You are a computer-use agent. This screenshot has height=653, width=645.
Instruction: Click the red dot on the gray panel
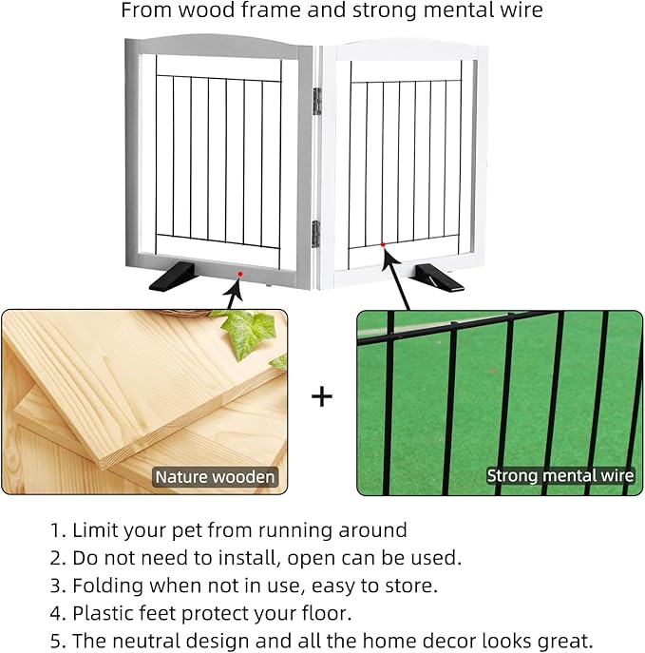point(239,274)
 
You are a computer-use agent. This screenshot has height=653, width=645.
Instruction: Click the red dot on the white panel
point(382,244)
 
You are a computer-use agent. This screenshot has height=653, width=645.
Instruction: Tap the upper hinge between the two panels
point(316,101)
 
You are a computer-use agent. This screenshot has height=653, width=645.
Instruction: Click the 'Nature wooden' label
point(216,477)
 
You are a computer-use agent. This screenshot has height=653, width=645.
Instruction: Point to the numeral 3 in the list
point(57,585)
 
